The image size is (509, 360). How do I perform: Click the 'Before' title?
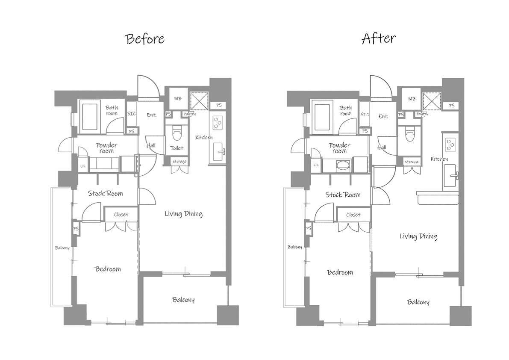[x=145, y=38]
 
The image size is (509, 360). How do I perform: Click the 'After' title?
[x=379, y=38]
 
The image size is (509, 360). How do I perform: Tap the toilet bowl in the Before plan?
[x=177, y=134]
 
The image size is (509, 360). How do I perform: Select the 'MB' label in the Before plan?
[x=178, y=98]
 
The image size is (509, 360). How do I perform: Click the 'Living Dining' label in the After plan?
[x=418, y=236]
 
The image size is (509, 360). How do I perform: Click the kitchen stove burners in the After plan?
[x=450, y=145]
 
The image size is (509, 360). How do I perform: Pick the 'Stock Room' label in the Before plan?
[x=106, y=194]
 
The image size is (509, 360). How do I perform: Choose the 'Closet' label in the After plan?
[x=353, y=215]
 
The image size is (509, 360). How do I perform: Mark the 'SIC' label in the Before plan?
[x=132, y=114]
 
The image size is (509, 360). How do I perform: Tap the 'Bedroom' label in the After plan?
[x=340, y=272]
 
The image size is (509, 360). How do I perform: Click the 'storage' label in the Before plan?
[x=179, y=161]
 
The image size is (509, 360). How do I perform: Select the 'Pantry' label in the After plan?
[x=422, y=114]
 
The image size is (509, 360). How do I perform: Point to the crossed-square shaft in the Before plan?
[x=199, y=101]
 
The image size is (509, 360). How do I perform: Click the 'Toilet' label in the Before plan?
[x=177, y=148]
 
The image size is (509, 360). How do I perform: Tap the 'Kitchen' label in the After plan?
[x=439, y=159]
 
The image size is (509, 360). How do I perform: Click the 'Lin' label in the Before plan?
[x=83, y=166]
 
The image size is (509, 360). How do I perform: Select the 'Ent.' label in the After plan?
[x=383, y=116]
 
